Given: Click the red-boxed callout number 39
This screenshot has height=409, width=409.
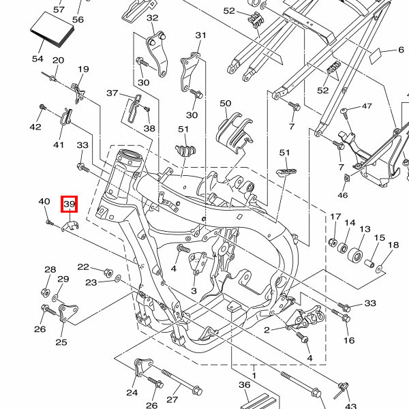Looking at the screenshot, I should [70, 204].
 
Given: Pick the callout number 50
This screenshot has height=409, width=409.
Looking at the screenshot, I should [226, 104].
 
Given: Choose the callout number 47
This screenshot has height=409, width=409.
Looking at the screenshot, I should [367, 106].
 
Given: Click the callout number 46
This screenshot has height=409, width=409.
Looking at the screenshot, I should [342, 196].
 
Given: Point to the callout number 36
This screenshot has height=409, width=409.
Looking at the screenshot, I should [244, 385].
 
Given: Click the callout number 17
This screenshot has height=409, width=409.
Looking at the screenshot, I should [335, 217].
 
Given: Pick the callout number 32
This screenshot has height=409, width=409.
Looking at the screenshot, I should [152, 18].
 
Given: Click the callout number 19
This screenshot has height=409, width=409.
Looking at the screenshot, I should [84, 70].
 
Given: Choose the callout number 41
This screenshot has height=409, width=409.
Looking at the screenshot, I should [59, 145].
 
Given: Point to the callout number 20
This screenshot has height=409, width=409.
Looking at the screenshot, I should [58, 61].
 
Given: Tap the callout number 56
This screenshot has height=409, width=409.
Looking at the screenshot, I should [78, 20].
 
